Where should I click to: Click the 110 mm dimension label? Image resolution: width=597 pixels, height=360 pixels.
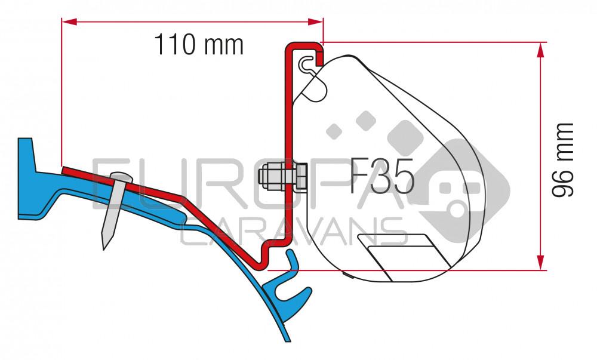[x=199, y=45]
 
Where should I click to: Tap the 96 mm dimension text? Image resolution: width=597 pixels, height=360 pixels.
[x=562, y=160]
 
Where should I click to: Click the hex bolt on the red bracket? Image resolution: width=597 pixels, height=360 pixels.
[x=280, y=175]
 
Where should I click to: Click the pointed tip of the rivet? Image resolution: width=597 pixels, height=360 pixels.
[x=106, y=245]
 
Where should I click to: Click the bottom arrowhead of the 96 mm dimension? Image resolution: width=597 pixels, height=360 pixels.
[x=541, y=263]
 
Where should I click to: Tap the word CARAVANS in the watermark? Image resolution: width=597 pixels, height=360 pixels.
[x=293, y=232]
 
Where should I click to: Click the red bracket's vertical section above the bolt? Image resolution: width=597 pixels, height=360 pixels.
[x=287, y=107]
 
